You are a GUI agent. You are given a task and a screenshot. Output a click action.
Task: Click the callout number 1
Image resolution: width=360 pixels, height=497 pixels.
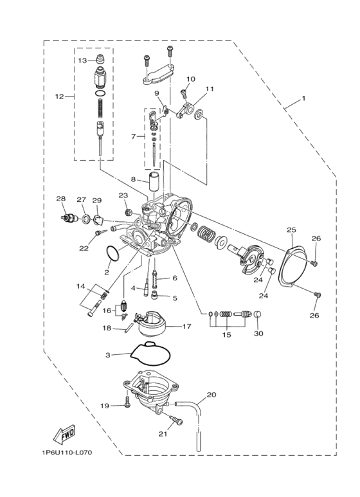pyautogui.click(x=303, y=100)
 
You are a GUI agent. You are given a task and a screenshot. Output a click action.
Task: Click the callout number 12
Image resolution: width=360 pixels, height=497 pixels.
pyautogui.click(x=59, y=96)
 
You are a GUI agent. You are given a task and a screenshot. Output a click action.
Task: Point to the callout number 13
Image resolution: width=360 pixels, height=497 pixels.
pyautogui.click(x=82, y=60)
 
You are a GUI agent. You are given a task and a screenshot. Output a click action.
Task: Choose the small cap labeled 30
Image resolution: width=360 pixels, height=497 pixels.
pyautogui.click(x=256, y=316)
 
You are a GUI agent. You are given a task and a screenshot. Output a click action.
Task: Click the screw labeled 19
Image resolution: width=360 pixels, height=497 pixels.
pyautogui.click(x=127, y=405)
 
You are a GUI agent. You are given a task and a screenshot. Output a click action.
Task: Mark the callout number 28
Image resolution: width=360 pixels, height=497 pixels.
pyautogui.click(x=61, y=199)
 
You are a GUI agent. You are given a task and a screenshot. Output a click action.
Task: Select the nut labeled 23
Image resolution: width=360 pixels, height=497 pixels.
pyautogui.click(x=128, y=210)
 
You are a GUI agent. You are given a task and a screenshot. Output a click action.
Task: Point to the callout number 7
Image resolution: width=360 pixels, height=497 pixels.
pyautogui.click(x=134, y=136)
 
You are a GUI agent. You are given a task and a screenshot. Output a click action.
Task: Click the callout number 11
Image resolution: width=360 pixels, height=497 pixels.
pyautogui.click(x=209, y=89)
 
